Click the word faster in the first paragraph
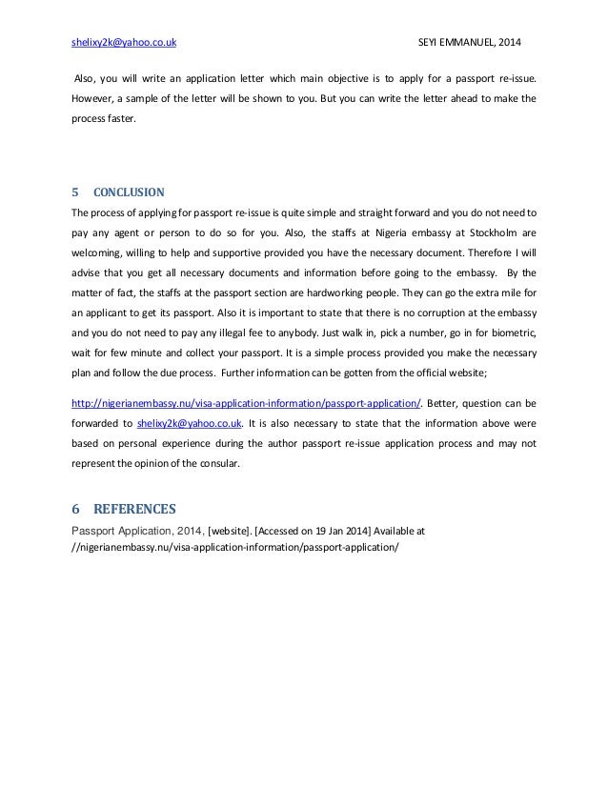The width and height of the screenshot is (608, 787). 121,121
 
